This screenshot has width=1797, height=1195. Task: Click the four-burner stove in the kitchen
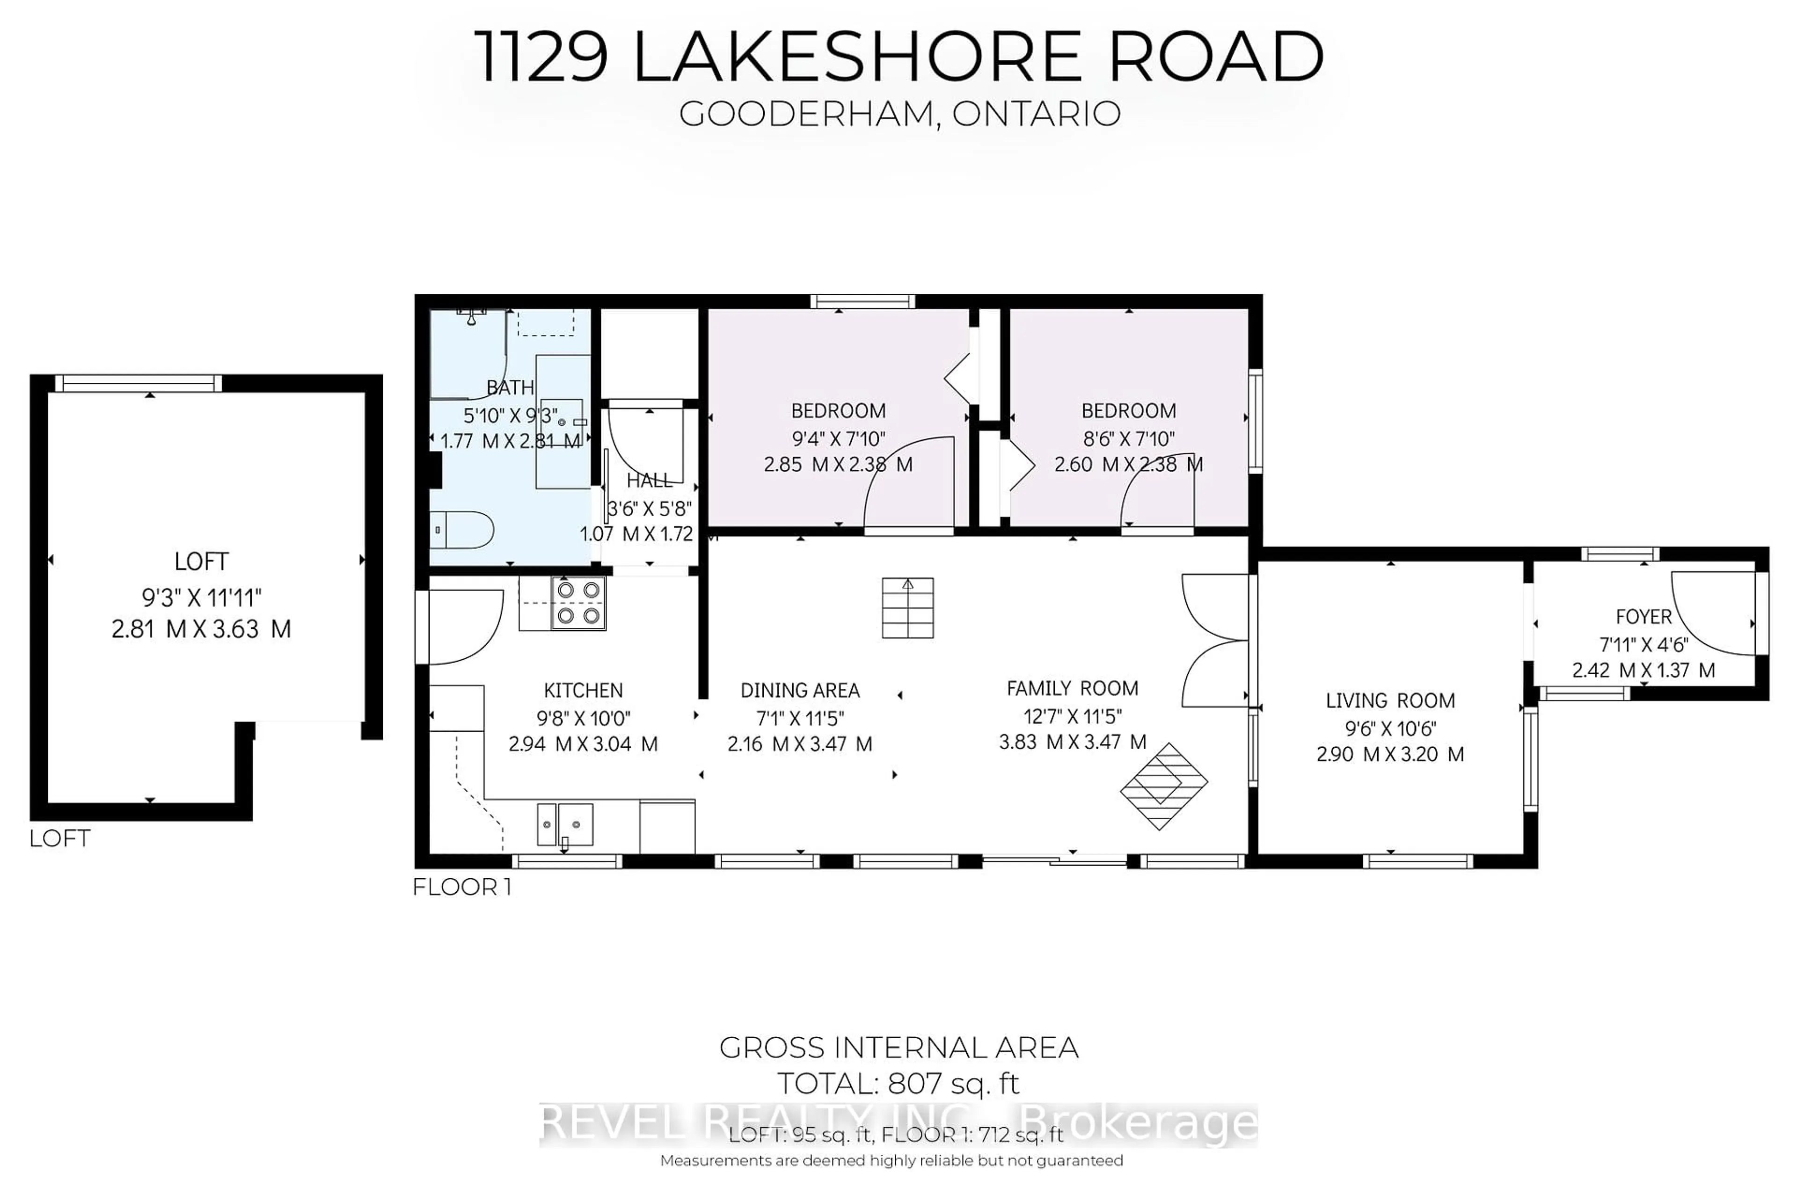pos(578,602)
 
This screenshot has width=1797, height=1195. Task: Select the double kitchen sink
pos(565,824)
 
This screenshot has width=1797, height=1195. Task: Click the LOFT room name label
pos(201,561)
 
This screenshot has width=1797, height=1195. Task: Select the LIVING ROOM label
pos(1389,700)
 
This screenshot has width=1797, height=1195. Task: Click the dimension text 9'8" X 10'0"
pos(583,718)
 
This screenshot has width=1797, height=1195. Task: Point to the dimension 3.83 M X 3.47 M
pos(1072,742)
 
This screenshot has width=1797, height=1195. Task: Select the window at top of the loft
pos(138,383)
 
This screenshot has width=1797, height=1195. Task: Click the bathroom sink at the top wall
pos(472,315)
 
